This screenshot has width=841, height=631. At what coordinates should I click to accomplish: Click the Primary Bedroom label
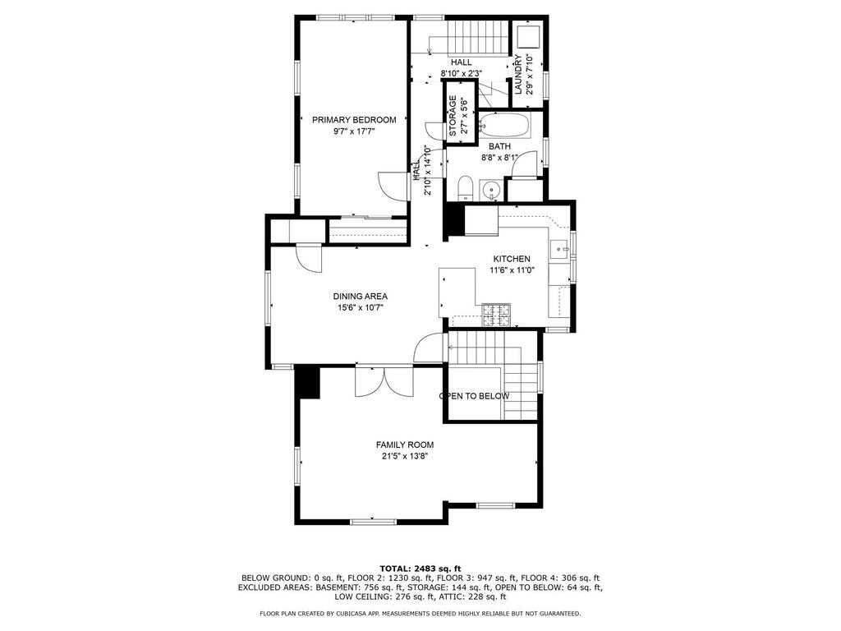tap(354, 120)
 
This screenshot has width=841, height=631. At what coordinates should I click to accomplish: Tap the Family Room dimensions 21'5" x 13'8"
tap(405, 457)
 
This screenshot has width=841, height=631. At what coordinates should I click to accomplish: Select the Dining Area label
tap(361, 296)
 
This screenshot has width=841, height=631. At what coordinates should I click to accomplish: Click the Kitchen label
tap(512, 259)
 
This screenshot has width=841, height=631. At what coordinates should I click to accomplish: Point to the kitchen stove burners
tap(496, 315)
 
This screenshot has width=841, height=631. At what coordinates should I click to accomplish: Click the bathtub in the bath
tap(504, 126)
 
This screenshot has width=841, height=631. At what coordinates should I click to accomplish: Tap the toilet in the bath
tap(465, 188)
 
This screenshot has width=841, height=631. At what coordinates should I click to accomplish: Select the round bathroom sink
tap(491, 190)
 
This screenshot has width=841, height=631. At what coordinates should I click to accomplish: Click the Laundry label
tap(518, 74)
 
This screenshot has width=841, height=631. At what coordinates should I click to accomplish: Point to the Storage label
tap(453, 115)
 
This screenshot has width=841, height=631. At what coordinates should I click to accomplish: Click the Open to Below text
tap(474, 396)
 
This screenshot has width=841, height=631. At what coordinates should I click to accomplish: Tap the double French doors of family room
tap(384, 382)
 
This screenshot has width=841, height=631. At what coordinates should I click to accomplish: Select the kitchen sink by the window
tap(561, 249)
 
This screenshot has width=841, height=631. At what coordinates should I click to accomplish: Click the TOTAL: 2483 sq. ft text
tap(420, 569)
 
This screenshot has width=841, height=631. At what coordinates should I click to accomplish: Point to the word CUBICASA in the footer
tap(352, 613)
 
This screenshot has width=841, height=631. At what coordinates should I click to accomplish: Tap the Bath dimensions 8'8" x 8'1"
tap(499, 158)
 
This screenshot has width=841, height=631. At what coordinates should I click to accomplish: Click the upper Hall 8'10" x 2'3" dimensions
tap(462, 73)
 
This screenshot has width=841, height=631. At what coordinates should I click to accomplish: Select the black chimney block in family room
tap(308, 382)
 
